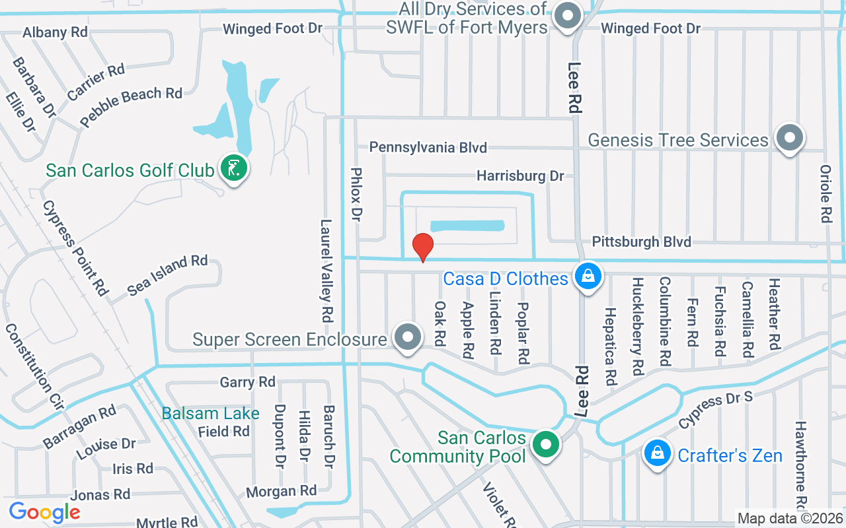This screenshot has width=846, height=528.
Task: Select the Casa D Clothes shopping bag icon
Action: (587, 277)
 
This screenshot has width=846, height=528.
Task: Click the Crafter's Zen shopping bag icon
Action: (657, 454)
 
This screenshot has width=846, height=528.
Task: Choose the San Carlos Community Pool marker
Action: (546, 444)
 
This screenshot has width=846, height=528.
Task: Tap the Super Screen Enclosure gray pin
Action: (408, 337)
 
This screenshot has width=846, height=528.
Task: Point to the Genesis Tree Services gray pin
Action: (789, 138)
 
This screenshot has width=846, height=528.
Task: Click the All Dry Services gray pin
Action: (566, 16)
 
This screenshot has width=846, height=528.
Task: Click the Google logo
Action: (44, 512)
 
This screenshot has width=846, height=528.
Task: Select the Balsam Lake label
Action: (211, 414)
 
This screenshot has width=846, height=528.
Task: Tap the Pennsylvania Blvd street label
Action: (428, 147)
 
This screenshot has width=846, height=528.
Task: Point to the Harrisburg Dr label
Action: (520, 176)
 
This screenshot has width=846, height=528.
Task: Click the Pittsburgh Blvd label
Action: (641, 242)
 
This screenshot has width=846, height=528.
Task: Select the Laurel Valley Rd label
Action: (325, 270)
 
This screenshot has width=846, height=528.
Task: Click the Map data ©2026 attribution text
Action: (790, 518)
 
